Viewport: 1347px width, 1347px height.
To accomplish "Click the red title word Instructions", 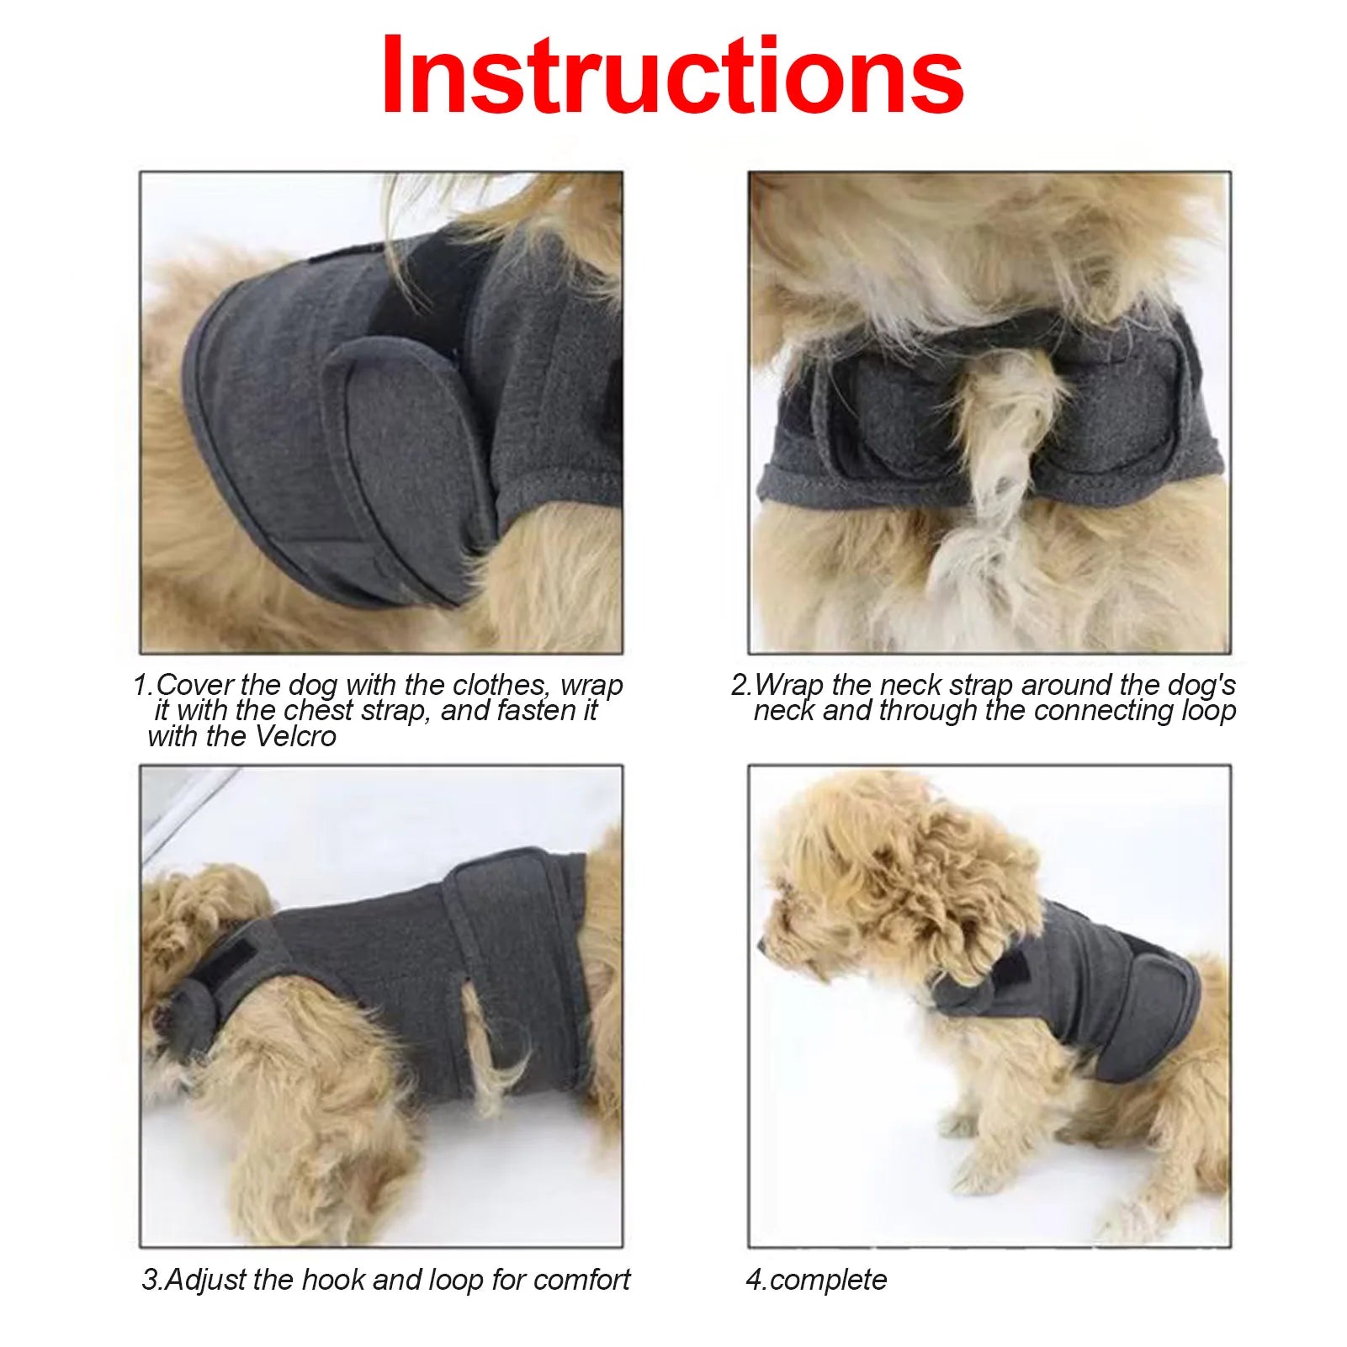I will [672, 76].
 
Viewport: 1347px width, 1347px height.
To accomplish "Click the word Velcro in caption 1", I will [295, 737].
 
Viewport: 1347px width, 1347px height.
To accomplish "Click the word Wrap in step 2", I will [790, 685].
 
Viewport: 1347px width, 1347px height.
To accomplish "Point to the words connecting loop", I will [1135, 711].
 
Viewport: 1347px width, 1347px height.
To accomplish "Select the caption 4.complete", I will [816, 1280].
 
